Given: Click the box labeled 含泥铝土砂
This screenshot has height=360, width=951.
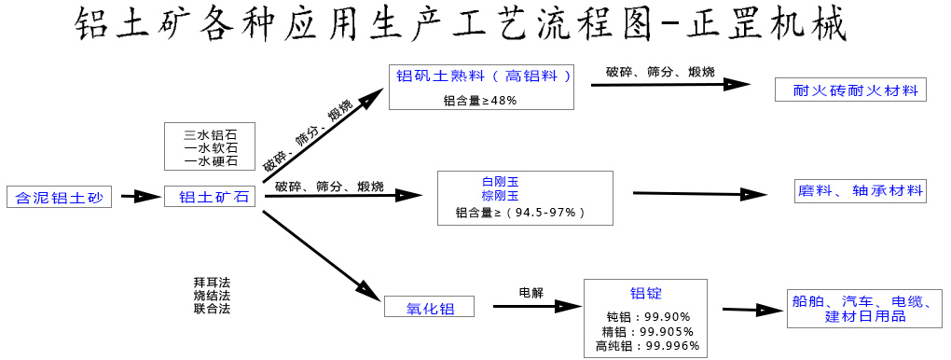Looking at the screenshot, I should [59, 197].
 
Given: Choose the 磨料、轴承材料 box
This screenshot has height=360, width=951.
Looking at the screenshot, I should [860, 191].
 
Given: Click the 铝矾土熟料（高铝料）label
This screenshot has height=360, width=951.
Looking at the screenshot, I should [484, 76].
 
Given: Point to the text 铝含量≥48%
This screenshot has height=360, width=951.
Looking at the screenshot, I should [480, 100].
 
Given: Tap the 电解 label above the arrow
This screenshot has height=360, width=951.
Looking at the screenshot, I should [531, 292].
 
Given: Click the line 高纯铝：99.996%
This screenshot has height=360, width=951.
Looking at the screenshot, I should [647, 346].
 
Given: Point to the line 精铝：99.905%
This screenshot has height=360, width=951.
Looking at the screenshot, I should [648, 331].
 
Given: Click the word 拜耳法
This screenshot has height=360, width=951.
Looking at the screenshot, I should [212, 282].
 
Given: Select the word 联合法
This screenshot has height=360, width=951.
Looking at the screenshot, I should [212, 308].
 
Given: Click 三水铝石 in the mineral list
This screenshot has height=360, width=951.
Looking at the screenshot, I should [211, 134].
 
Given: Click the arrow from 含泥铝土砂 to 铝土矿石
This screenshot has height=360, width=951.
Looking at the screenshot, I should [141, 197].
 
